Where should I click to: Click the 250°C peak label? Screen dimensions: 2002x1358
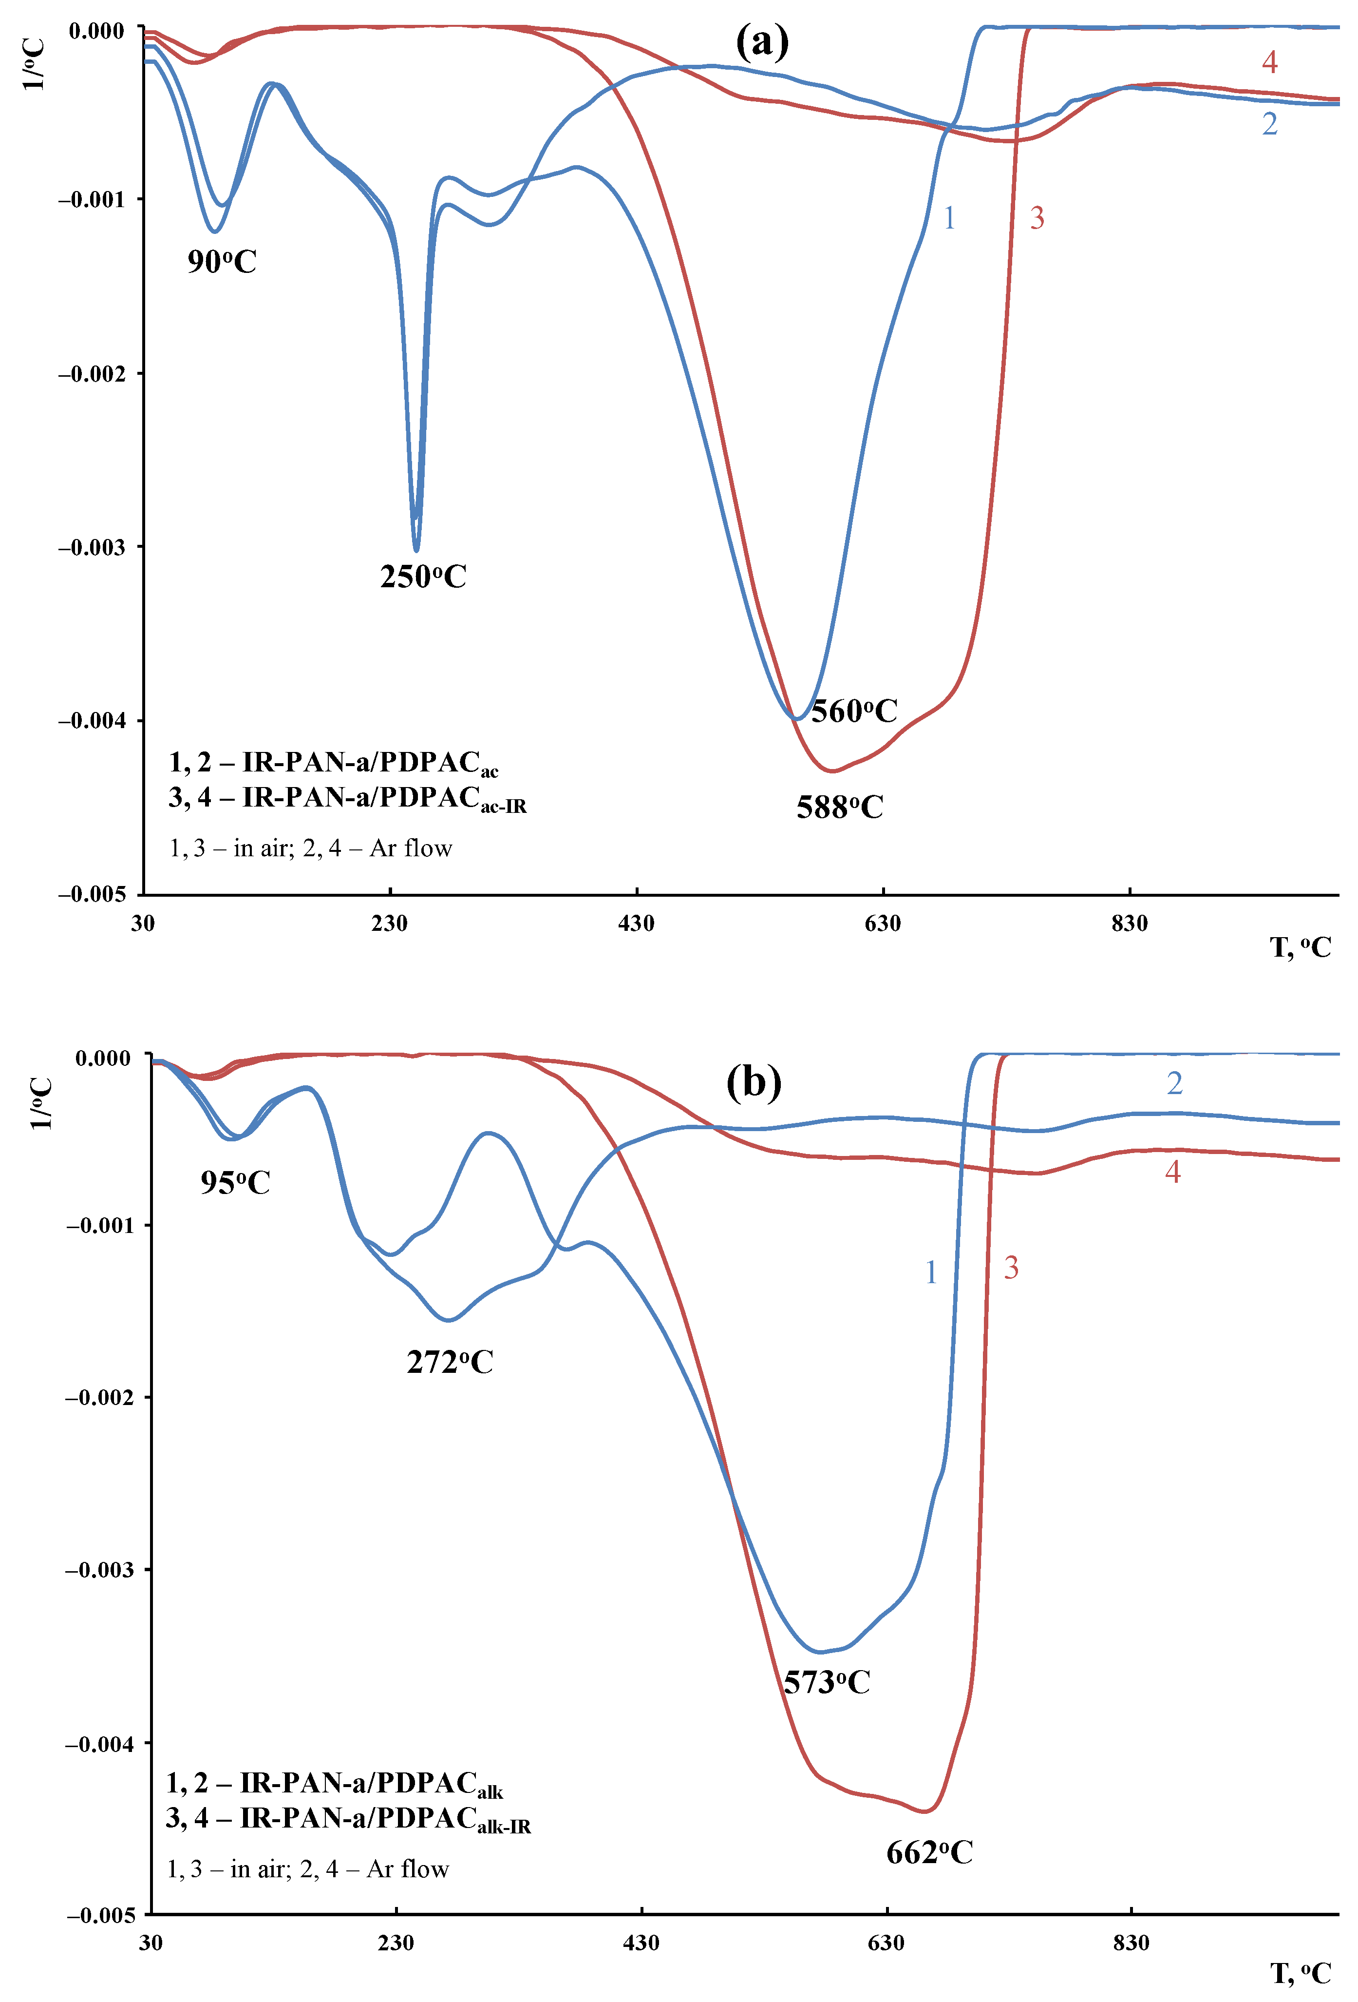coord(423,577)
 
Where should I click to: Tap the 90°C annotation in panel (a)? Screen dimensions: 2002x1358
coord(222,261)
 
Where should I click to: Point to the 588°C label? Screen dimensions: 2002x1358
coord(840,807)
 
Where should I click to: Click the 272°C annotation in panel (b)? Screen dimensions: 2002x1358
coord(450,1362)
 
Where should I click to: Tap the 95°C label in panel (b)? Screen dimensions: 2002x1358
coord(235,1182)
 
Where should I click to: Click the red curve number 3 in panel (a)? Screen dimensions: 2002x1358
coord(1037,218)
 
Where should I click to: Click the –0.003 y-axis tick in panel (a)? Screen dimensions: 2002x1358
coord(91,547)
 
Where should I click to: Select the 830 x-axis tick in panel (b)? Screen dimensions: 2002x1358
coord(1131,1943)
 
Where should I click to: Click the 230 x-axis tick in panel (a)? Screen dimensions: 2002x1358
coord(389,924)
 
